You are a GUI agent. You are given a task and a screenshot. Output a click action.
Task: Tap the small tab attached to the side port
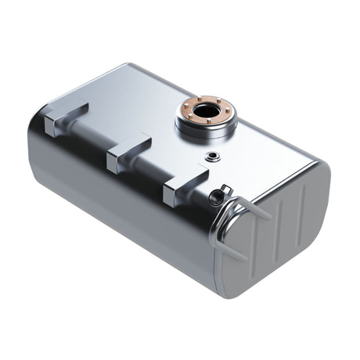(226, 189)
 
